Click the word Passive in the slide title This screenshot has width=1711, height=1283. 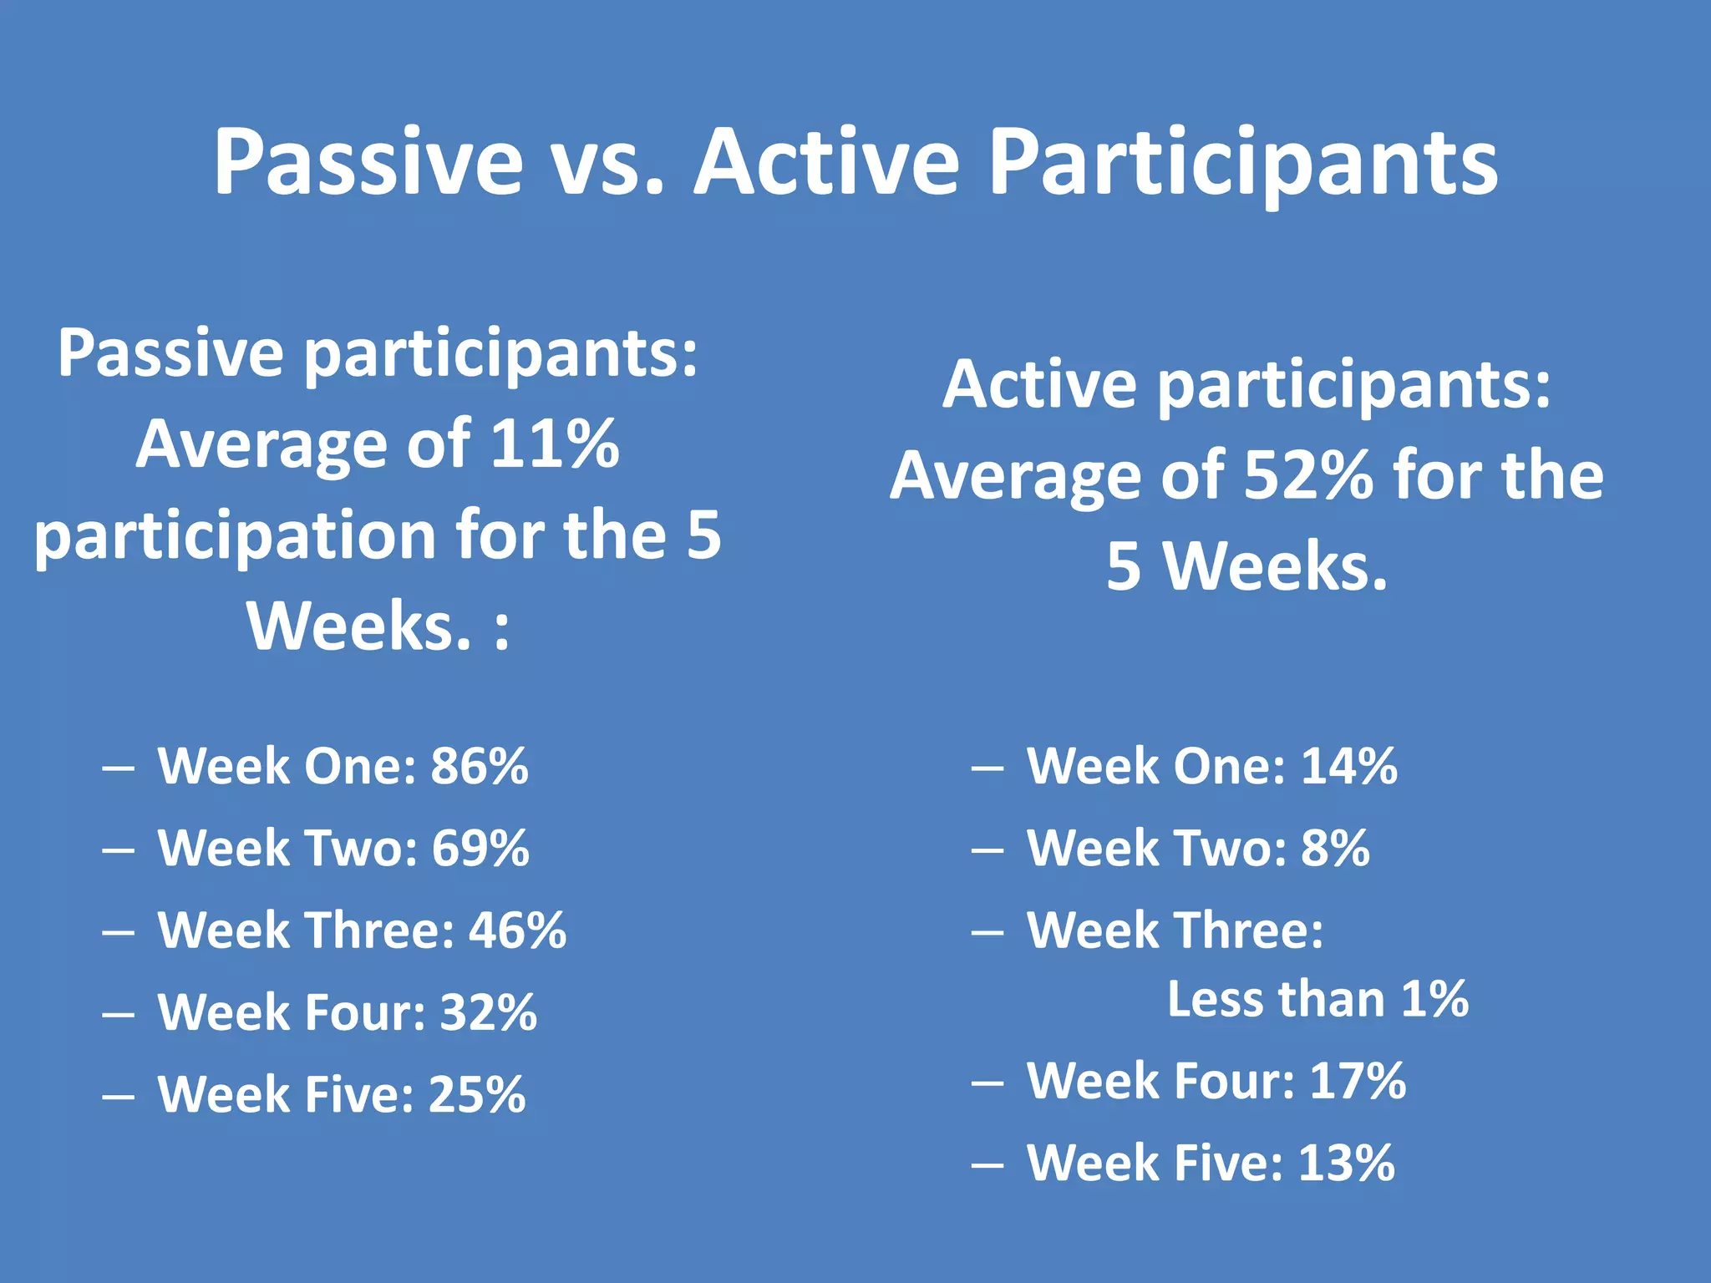tap(368, 163)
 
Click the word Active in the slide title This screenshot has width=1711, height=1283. tap(827, 163)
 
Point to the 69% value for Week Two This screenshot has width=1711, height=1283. tap(480, 848)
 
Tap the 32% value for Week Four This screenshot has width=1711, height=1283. tap(489, 1012)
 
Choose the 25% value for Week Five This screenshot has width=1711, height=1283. tap(477, 1094)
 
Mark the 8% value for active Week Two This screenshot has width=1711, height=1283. tap(1335, 848)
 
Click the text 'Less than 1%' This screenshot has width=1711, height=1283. tap(1318, 999)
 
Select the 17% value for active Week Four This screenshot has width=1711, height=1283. tap(1358, 1081)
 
